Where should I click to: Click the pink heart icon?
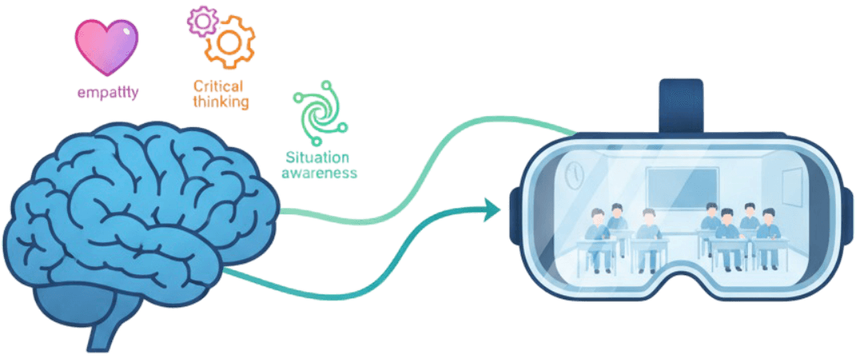pyautogui.click(x=106, y=47)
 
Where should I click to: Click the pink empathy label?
pyautogui.click(x=107, y=94)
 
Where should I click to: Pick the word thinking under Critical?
pyautogui.click(x=222, y=102)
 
